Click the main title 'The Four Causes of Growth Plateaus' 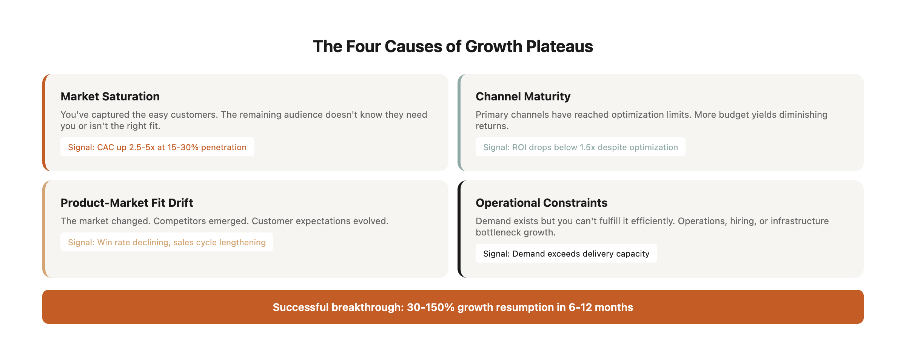(453, 46)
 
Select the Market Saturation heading (110, 97)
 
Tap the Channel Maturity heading (523, 97)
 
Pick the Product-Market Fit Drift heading (127, 203)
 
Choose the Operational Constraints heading (541, 203)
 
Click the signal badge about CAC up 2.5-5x (157, 147)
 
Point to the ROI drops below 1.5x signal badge (581, 147)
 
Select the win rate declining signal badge (167, 242)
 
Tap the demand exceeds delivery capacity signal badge (566, 253)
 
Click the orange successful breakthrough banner (453, 307)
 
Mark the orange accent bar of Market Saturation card (44, 123)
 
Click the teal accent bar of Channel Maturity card (459, 123)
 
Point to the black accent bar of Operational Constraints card (459, 229)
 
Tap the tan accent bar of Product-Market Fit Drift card (44, 229)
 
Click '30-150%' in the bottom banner (431, 307)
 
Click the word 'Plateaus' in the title (559, 46)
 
